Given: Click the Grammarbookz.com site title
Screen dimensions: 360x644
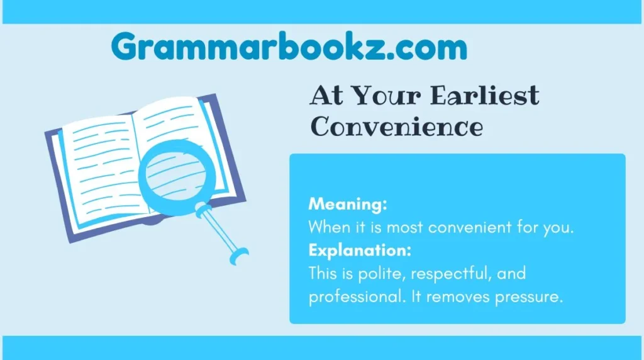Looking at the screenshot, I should (289, 47).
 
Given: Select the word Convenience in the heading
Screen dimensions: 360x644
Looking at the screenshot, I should (397, 127).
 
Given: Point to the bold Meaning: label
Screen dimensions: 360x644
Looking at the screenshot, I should (348, 205).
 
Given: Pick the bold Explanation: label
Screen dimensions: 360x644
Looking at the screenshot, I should (360, 250).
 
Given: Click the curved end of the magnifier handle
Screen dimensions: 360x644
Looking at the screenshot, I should (240, 256).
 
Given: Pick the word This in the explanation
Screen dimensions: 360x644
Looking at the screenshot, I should (322, 273).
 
